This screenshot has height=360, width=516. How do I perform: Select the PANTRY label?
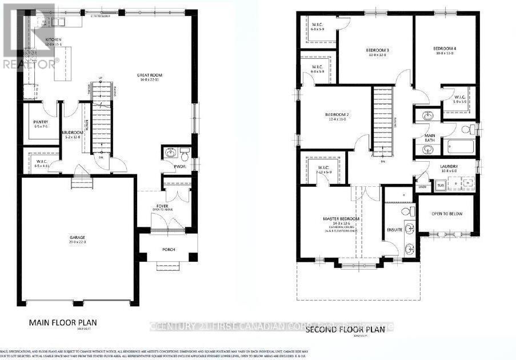tap(41, 122)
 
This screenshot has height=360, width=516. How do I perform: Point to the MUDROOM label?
tap(73, 133)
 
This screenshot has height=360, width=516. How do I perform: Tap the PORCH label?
tap(168, 249)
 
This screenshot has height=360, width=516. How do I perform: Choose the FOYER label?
tap(162, 206)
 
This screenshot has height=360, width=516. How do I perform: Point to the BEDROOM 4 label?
tap(443, 49)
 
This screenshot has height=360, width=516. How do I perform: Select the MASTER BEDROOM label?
tap(341, 219)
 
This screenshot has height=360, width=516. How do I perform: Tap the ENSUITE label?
tap(395, 230)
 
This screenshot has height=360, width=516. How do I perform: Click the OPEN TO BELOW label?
tap(447, 214)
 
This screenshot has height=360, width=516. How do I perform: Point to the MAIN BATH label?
tap(430, 138)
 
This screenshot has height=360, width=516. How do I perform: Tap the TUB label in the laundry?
tap(440, 186)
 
